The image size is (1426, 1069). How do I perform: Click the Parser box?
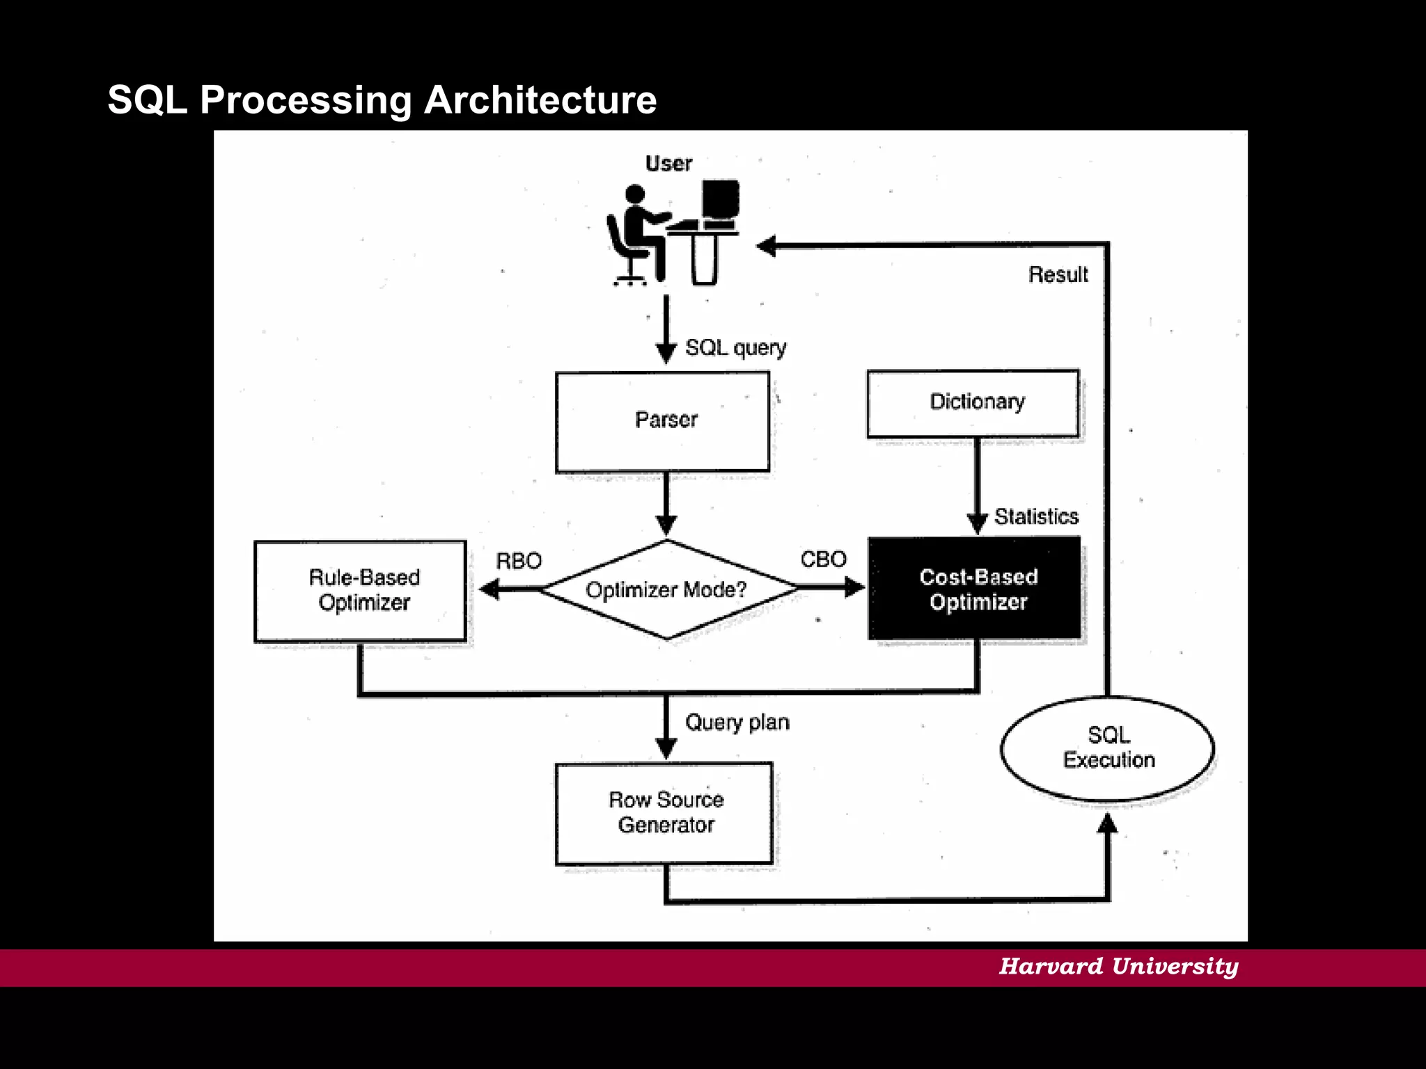click(x=662, y=422)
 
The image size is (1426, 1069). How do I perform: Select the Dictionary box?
click(x=973, y=403)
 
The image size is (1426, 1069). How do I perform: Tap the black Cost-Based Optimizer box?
click(x=974, y=588)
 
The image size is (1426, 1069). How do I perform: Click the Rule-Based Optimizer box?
click(x=360, y=590)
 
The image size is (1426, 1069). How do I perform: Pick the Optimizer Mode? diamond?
click(x=666, y=589)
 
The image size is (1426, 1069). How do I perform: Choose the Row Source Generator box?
click(x=664, y=813)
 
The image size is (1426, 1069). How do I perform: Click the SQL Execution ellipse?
click(x=1107, y=748)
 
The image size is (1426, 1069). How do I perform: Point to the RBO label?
click(x=518, y=561)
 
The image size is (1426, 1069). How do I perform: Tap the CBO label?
click(x=823, y=559)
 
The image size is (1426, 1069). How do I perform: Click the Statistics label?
click(x=1036, y=516)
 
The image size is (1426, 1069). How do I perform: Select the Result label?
click(x=1058, y=274)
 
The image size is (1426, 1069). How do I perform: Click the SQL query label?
click(x=735, y=347)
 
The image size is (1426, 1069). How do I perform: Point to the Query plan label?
click(x=737, y=722)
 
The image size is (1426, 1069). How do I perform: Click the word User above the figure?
click(x=668, y=164)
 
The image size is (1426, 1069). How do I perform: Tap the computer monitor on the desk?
click(x=720, y=199)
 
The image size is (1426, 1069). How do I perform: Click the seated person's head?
click(x=634, y=193)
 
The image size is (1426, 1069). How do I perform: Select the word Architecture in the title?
click(x=540, y=100)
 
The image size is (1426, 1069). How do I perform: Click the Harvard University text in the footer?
click(x=1118, y=966)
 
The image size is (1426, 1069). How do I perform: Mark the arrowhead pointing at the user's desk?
click(x=766, y=246)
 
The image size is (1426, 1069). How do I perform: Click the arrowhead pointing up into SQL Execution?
click(x=1107, y=823)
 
